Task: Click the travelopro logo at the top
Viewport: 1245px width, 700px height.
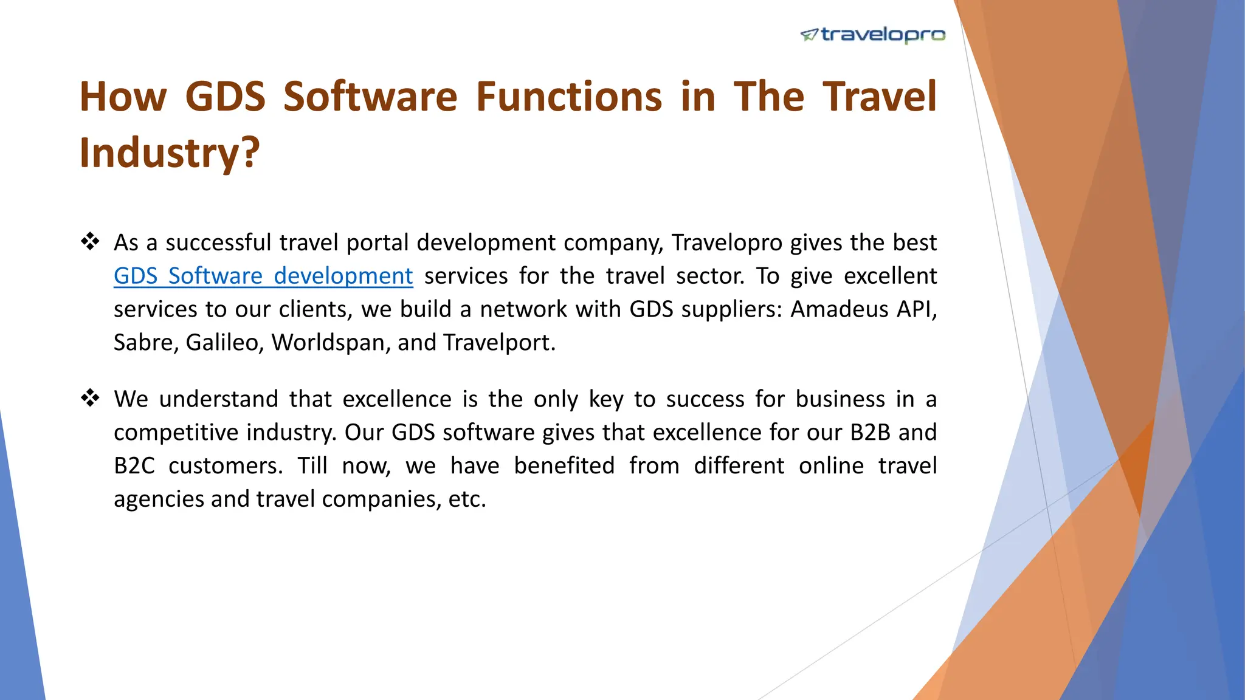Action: [873, 35]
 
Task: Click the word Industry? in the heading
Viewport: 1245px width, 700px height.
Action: [170, 152]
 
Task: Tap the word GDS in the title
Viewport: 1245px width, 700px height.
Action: [225, 97]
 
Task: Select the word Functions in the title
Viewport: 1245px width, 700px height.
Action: [568, 97]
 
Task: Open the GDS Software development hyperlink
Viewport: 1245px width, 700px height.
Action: [263, 276]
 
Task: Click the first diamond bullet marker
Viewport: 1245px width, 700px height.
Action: [90, 242]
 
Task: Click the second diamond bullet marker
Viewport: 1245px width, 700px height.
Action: [90, 399]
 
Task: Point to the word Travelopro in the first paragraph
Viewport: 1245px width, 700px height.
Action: [726, 242]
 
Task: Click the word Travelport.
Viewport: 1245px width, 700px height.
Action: [498, 343]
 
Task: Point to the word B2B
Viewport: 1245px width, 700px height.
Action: [870, 432]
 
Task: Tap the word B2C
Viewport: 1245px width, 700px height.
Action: [134, 465]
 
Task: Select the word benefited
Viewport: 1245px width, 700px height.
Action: [564, 465]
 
